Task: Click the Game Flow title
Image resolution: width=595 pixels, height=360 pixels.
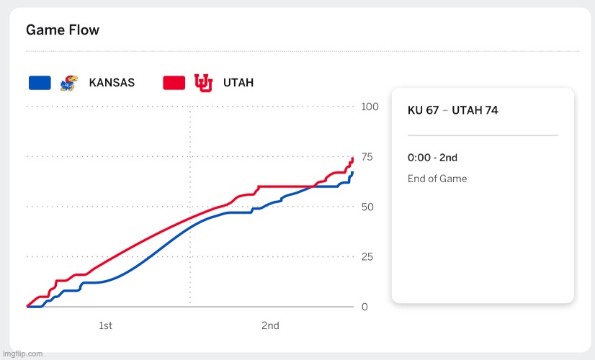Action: pos(63,30)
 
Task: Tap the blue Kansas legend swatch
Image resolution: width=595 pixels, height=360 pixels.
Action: pos(40,83)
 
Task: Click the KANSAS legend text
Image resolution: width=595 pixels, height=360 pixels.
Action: pos(112,83)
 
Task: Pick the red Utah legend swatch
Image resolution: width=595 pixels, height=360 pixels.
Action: pos(175,83)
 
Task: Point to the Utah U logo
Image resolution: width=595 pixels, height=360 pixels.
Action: pos(203,83)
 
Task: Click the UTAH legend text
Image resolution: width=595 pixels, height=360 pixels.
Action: pos(238,83)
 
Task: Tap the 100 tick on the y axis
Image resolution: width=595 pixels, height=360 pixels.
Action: pos(370,107)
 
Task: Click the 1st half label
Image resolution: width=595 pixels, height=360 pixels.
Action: pos(105,326)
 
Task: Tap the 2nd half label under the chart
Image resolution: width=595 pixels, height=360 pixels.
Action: pos(270,326)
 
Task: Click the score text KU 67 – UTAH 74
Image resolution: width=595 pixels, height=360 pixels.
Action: pos(452,110)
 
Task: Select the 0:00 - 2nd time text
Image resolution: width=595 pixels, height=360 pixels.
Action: pos(432,158)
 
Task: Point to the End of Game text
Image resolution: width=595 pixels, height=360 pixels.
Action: pos(437,179)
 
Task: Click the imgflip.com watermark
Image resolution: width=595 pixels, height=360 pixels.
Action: pos(22,354)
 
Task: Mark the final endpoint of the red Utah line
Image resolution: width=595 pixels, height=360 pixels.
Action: pos(353,158)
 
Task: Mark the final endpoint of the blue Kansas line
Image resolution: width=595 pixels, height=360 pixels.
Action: pos(353,173)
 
